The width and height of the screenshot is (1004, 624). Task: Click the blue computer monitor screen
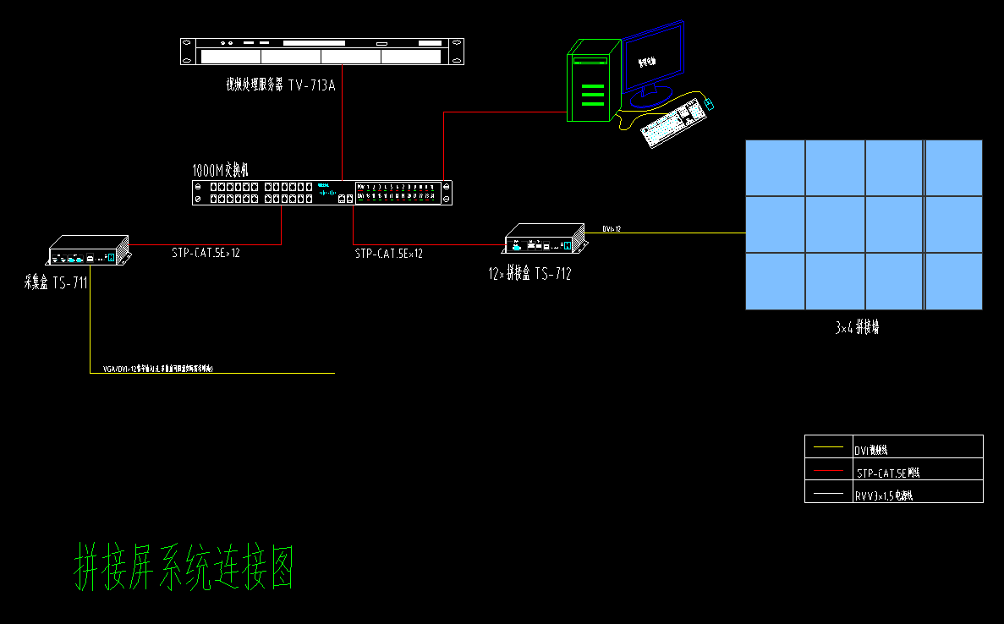click(x=654, y=57)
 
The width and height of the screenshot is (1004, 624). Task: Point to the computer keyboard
click(x=674, y=124)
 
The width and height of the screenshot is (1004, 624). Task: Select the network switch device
click(x=322, y=193)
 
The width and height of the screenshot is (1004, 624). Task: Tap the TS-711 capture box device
click(x=88, y=249)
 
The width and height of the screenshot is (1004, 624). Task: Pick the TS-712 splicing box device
click(x=544, y=239)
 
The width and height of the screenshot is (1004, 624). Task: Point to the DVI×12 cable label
click(x=612, y=229)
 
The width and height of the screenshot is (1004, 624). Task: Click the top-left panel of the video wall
click(x=775, y=167)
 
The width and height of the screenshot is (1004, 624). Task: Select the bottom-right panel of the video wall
click(x=954, y=281)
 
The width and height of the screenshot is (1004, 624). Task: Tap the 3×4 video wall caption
click(x=857, y=328)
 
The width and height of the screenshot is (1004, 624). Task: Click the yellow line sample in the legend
click(x=828, y=446)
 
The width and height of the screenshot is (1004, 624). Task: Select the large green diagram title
click(x=185, y=567)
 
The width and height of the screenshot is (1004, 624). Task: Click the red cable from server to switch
click(x=342, y=127)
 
